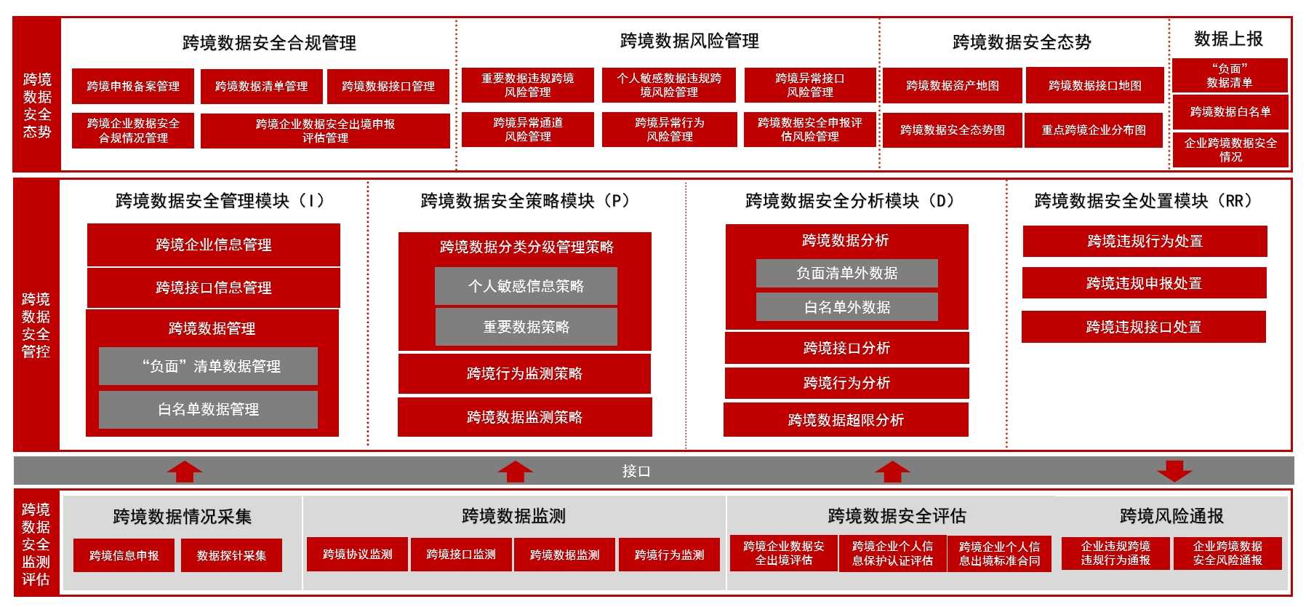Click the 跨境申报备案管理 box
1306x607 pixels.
coord(133,87)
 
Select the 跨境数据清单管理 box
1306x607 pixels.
coord(261,87)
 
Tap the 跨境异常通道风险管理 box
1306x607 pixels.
coord(527,130)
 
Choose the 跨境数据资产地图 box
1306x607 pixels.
coord(952,86)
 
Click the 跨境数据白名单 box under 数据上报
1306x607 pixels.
coord(1230,112)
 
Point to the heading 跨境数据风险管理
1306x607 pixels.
coord(689,41)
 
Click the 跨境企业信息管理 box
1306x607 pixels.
coord(213,245)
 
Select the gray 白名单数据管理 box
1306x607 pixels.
coord(208,410)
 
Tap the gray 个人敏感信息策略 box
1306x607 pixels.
coord(526,286)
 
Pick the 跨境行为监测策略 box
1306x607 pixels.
coord(524,374)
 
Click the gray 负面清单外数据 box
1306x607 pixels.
coord(846,274)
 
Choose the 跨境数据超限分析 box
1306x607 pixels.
coord(846,420)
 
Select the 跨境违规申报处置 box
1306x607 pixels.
coord(1144,283)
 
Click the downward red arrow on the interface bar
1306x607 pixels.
coord(1174,471)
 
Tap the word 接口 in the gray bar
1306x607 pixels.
coord(636,472)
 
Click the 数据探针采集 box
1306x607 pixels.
coord(231,556)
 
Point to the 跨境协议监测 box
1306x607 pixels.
coord(357,555)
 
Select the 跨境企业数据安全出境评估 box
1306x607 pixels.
coord(784,554)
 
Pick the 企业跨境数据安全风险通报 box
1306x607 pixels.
coord(1227,554)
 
